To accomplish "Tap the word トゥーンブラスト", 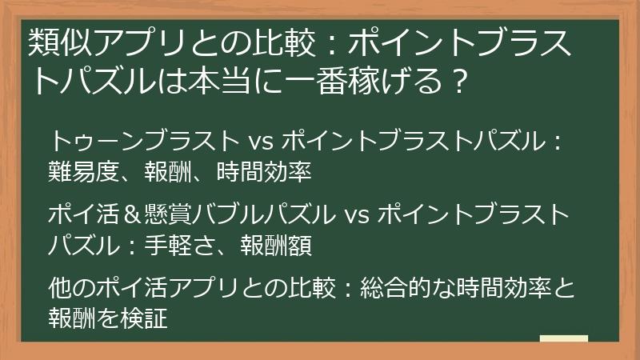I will [x=139, y=142].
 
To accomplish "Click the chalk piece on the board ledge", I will [x=564, y=338].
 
